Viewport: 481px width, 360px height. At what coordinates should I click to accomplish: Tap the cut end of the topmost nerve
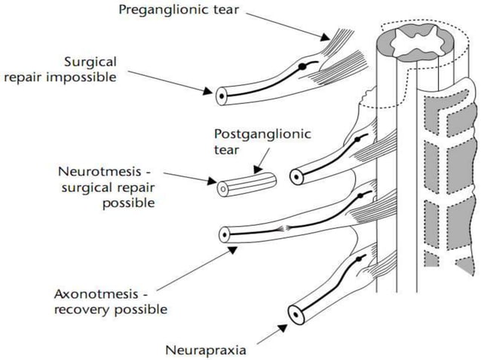point(220,96)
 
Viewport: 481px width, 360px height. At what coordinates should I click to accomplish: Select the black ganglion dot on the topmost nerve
point(302,68)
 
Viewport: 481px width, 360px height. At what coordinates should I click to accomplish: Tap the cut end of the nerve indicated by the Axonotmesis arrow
point(224,233)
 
